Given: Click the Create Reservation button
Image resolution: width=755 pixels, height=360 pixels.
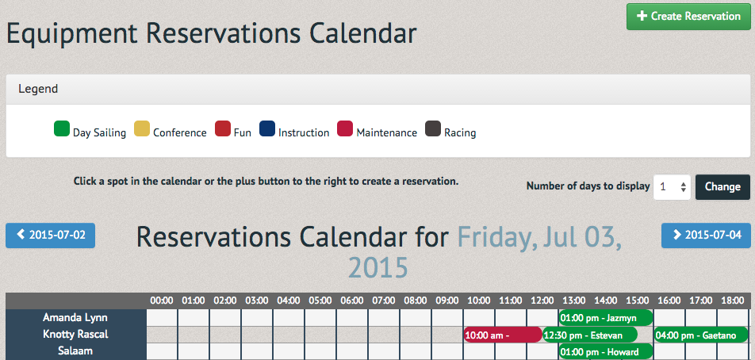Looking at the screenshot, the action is click(x=688, y=17).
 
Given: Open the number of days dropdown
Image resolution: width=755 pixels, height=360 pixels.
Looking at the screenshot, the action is click(x=672, y=186).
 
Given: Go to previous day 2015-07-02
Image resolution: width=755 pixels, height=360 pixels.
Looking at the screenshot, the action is click(x=50, y=236).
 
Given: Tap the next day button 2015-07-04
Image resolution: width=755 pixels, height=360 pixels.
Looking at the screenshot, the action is click(x=706, y=236).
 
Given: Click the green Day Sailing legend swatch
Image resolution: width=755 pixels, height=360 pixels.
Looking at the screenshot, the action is click(x=62, y=129).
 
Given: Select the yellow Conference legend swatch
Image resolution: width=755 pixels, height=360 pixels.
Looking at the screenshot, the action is click(x=142, y=129).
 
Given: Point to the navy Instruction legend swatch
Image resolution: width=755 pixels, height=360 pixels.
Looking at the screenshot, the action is click(x=267, y=129).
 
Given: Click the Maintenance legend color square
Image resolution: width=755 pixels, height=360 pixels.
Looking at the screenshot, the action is click(x=345, y=129).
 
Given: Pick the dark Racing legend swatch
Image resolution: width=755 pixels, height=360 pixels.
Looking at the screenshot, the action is click(x=433, y=129).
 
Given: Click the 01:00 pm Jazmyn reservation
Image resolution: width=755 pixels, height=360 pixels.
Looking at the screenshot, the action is click(x=606, y=318).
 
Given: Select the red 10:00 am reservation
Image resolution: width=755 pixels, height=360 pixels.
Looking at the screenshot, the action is click(x=503, y=335).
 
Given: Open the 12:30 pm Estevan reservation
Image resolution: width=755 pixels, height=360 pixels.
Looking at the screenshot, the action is click(x=590, y=335).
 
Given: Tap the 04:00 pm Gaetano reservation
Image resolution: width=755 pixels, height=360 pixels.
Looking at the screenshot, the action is click(x=701, y=335).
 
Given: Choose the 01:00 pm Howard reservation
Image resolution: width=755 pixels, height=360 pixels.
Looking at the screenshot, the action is click(x=606, y=351).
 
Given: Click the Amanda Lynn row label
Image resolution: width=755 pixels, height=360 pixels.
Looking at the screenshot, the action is click(x=75, y=318).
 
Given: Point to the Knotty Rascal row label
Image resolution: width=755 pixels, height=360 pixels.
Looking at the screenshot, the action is click(x=75, y=335).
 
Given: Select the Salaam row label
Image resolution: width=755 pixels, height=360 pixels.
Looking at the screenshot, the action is click(x=75, y=350).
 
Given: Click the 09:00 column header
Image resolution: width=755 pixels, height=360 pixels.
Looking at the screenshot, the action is click(x=446, y=301).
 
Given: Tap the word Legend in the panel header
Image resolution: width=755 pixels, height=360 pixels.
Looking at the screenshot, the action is click(x=38, y=89).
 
